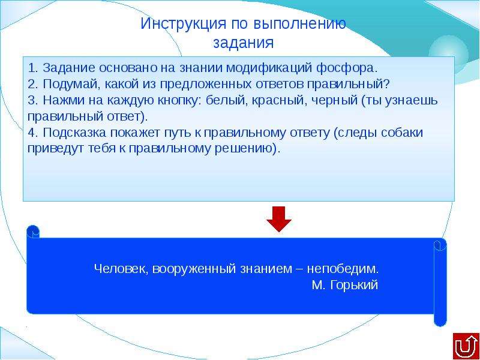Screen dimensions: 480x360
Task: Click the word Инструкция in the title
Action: tap(184, 24)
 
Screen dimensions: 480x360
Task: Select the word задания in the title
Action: tap(244, 43)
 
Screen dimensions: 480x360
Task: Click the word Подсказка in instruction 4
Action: tap(75, 133)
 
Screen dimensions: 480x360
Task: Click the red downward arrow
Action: tap(279, 219)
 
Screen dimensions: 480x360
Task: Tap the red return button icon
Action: tap(466, 346)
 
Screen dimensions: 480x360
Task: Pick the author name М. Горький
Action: tap(345, 286)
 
